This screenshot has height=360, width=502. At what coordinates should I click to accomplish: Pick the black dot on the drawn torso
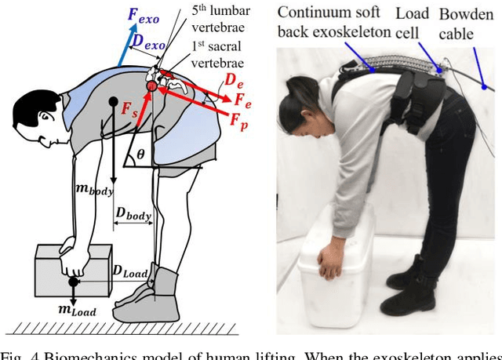(115, 101)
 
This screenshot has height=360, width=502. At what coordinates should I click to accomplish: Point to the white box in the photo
(334, 267)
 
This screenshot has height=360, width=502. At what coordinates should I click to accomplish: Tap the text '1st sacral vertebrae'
(219, 55)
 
